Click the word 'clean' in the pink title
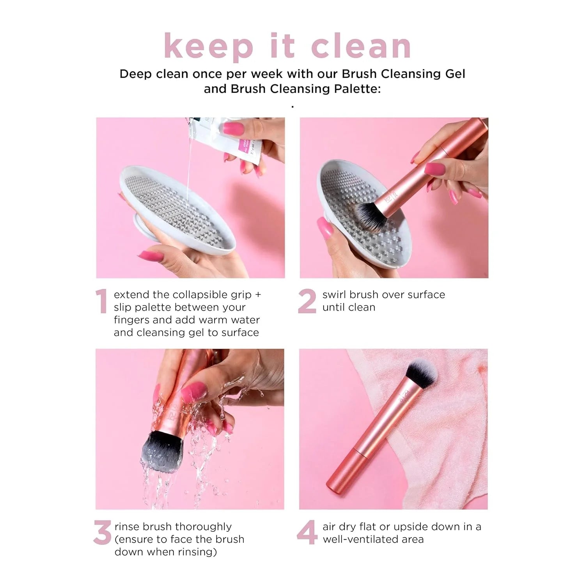pos(361,46)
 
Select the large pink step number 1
pos(101,301)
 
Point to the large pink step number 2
pos(307,301)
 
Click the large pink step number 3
pos(103,533)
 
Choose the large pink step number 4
pos(307,533)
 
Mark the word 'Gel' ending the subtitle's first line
pos(455,74)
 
